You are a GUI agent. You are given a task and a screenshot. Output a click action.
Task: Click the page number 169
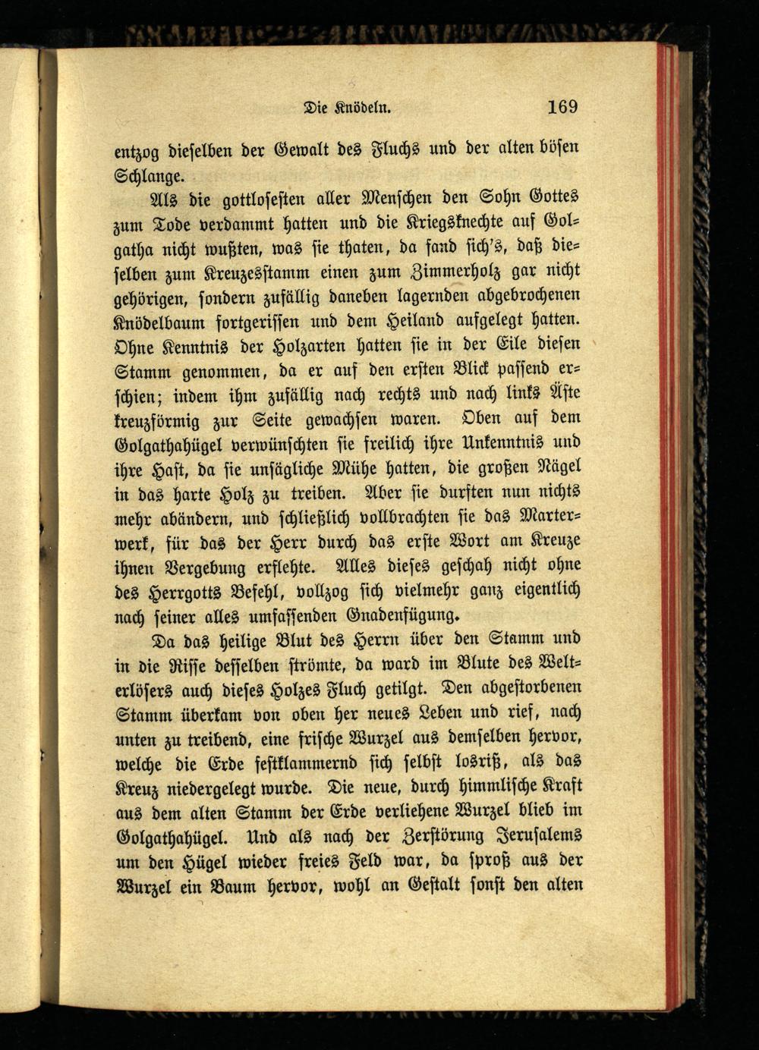[562, 106]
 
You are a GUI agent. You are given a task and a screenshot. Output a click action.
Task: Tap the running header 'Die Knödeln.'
[346, 108]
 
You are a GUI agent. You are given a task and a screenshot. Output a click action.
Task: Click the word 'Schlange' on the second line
[148, 177]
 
